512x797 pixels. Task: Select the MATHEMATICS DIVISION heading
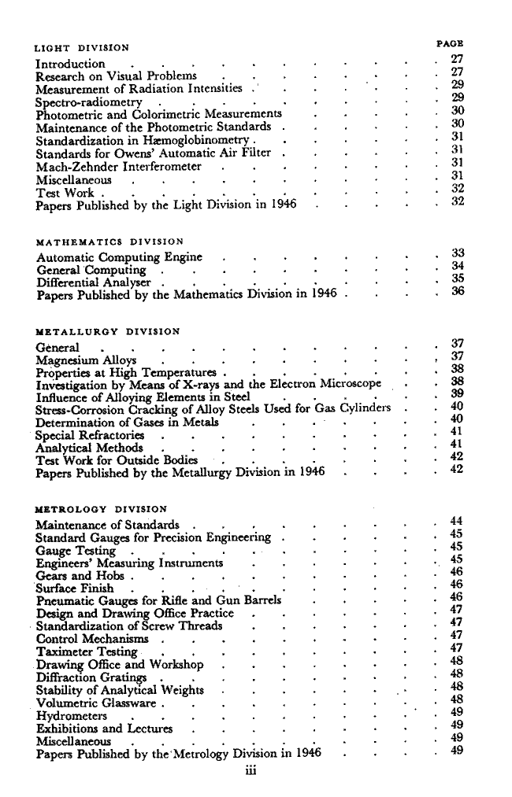[x=110, y=242]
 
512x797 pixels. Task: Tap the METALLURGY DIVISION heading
[x=108, y=331]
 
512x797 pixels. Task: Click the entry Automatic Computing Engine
[x=119, y=257]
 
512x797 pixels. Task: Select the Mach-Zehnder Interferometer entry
[x=119, y=167]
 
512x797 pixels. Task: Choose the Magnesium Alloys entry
[x=86, y=360]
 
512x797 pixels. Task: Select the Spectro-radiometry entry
[x=89, y=102]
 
